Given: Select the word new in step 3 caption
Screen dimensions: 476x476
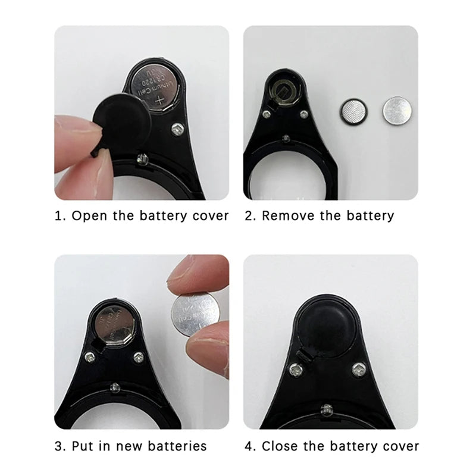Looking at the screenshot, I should click(x=127, y=446).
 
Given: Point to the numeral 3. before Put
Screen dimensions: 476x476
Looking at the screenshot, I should click(x=59, y=446).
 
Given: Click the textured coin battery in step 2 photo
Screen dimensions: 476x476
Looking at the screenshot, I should click(x=353, y=111).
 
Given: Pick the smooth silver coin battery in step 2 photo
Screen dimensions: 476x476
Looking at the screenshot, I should click(x=396, y=111).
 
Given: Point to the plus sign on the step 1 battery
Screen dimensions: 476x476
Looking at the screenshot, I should click(x=159, y=104).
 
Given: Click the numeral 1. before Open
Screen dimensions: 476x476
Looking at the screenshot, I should click(x=59, y=215).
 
